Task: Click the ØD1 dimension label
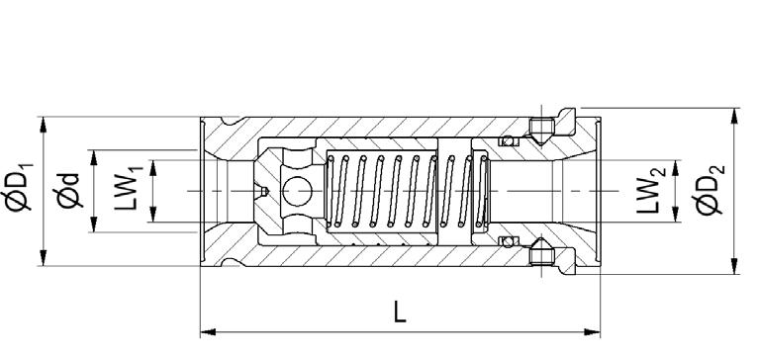[19, 189]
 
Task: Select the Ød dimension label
[68, 191]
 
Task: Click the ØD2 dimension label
[710, 190]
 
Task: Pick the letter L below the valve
[400, 312]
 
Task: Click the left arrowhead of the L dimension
[208, 332]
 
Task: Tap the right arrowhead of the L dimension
[592, 332]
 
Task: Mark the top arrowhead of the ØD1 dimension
[43, 125]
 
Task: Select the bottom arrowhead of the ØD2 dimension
[734, 266]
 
